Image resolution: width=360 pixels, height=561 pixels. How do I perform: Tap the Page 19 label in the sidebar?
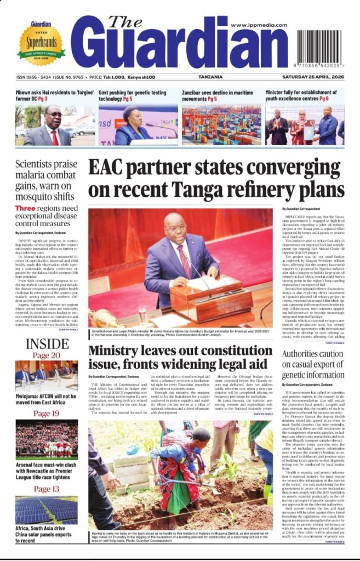tap(47, 413)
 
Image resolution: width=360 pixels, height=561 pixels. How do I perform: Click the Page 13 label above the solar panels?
tap(47, 489)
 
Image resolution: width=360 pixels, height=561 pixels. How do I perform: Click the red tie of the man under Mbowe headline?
tap(55, 137)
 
